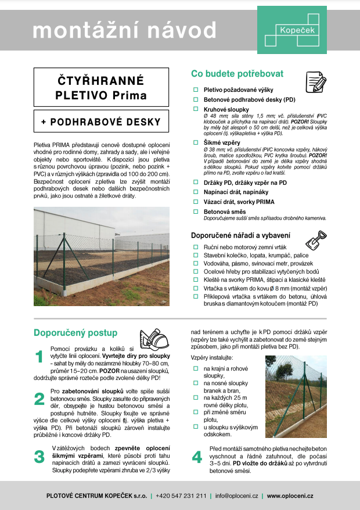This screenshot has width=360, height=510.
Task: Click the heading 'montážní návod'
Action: pos(125,30)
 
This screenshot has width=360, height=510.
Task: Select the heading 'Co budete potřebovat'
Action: pos(237,74)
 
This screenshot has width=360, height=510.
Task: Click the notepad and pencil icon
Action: pos(315,79)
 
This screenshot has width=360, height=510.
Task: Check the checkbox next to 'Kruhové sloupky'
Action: pos(196,109)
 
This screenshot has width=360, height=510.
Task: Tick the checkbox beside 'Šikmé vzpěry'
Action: pos(196,142)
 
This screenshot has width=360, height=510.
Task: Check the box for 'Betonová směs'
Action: pos(196,212)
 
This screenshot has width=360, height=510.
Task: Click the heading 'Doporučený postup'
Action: pos(75,333)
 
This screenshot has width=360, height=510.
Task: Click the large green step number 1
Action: pos(39,357)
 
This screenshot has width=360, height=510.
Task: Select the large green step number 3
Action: pos(39,457)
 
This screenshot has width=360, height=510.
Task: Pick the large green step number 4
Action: pos(197,457)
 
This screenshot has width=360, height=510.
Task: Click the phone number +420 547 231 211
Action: pos(181,496)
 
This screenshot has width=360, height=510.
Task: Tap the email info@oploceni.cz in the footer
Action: pos(237,496)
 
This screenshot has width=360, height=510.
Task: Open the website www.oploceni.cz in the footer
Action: pos(290,496)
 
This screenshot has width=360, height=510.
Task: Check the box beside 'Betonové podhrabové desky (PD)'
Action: pos(196,99)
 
